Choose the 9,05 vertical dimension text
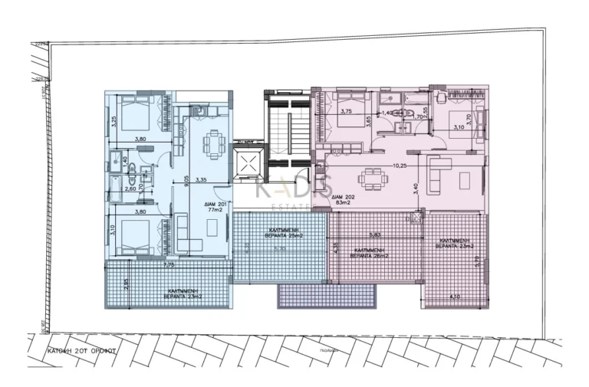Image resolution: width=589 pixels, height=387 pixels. click(x=185, y=181)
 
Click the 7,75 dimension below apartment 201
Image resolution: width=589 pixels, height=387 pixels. click(x=170, y=264)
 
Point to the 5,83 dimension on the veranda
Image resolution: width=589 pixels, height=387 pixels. click(x=375, y=235)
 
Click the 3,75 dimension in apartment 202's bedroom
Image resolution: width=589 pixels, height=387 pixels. click(x=345, y=111)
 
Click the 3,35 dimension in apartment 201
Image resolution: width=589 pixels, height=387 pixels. click(x=202, y=179)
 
